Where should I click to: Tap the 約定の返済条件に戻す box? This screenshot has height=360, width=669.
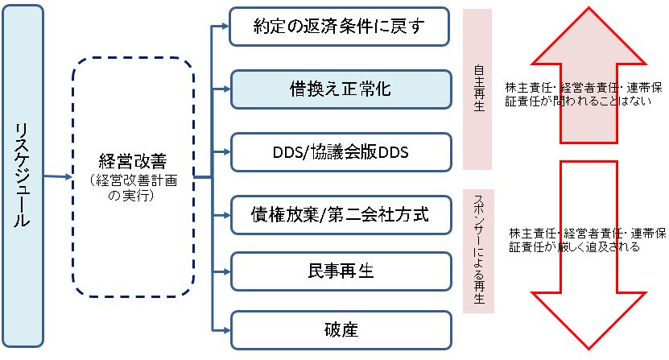(x=338, y=27)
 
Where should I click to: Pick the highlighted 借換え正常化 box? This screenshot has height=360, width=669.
(x=338, y=89)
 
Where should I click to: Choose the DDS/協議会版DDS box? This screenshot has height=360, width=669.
(x=338, y=152)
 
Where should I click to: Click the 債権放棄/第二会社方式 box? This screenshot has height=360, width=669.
(x=338, y=214)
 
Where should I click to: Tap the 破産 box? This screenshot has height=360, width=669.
(x=338, y=329)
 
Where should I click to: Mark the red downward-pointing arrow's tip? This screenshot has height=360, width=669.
(x=589, y=348)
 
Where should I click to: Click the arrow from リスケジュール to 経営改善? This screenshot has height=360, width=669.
(x=58, y=176)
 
